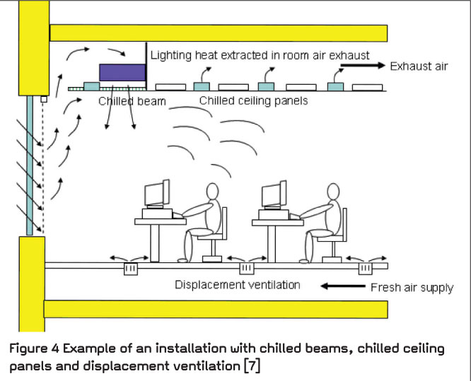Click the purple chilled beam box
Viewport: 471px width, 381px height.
(x=122, y=72)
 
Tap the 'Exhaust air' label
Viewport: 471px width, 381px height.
(x=418, y=66)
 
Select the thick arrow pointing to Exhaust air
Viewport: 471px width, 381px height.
(x=361, y=66)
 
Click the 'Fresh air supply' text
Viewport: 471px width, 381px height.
(x=412, y=288)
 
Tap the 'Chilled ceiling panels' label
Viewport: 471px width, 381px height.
(x=253, y=101)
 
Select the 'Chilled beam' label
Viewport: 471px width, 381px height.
(x=132, y=102)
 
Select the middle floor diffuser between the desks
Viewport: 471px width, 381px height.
(x=246, y=270)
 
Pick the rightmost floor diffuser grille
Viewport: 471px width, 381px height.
(x=365, y=270)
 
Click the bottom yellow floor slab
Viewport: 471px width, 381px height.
(x=216, y=309)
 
